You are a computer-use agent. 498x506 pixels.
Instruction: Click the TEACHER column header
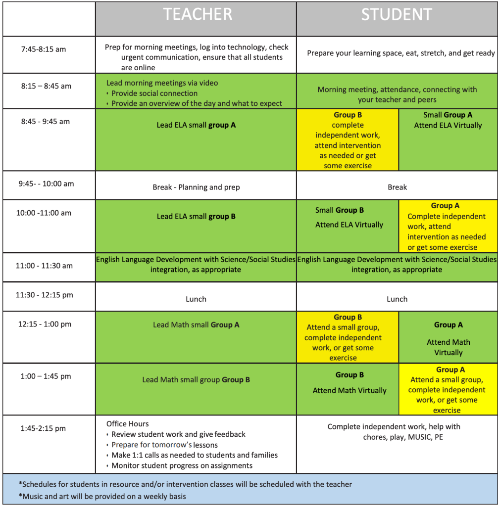(x=197, y=15)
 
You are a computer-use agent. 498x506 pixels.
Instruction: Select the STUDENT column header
(x=396, y=15)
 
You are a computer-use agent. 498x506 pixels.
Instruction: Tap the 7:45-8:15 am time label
(x=43, y=49)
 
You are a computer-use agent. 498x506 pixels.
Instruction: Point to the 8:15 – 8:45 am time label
(x=46, y=86)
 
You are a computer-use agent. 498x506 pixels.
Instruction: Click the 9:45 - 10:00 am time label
(x=46, y=184)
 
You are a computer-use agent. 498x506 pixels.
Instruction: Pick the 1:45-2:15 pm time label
(x=43, y=429)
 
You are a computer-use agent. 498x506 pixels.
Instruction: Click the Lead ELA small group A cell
(x=196, y=125)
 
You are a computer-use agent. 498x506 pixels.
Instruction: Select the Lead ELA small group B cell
(x=196, y=217)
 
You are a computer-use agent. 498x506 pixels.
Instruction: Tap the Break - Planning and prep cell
(x=196, y=187)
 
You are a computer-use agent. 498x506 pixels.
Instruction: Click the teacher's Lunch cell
(x=196, y=299)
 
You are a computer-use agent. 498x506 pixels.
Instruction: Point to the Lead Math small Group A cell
(x=196, y=325)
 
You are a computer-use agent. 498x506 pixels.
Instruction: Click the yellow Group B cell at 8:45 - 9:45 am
(x=348, y=140)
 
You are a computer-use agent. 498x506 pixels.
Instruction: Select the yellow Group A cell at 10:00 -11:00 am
(x=447, y=227)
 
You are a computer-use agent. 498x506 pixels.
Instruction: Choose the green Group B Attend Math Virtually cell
(x=349, y=383)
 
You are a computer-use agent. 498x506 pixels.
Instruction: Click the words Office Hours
(x=127, y=424)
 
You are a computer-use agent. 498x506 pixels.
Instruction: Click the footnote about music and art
(x=102, y=496)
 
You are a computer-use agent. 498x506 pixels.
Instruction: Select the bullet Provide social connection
(x=154, y=93)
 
